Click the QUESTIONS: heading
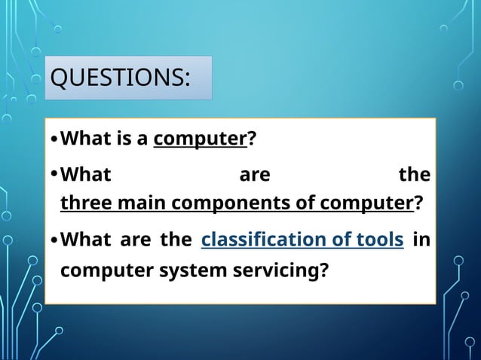119,78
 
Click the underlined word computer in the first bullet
201,139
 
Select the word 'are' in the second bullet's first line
254,175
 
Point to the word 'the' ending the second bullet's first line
414,175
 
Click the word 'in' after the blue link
423,240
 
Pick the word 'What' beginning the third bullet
84,240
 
